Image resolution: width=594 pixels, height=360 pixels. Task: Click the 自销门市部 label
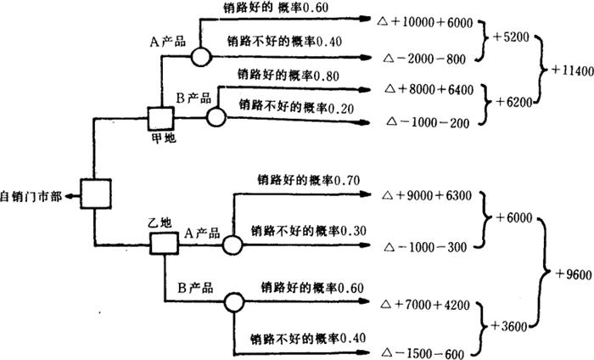(x=31, y=194)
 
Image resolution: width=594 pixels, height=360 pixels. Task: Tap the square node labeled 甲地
(x=160, y=118)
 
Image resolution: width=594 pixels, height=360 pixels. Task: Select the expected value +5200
(x=512, y=39)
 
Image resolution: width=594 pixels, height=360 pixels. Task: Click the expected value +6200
(x=512, y=102)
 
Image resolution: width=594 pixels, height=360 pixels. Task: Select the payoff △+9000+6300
(x=428, y=194)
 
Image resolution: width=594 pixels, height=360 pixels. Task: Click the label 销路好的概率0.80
(x=289, y=76)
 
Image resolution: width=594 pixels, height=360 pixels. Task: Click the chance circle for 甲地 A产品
(x=200, y=57)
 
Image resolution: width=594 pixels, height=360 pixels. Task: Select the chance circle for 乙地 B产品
(x=233, y=301)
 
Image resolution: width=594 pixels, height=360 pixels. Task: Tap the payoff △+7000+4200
(x=428, y=302)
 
